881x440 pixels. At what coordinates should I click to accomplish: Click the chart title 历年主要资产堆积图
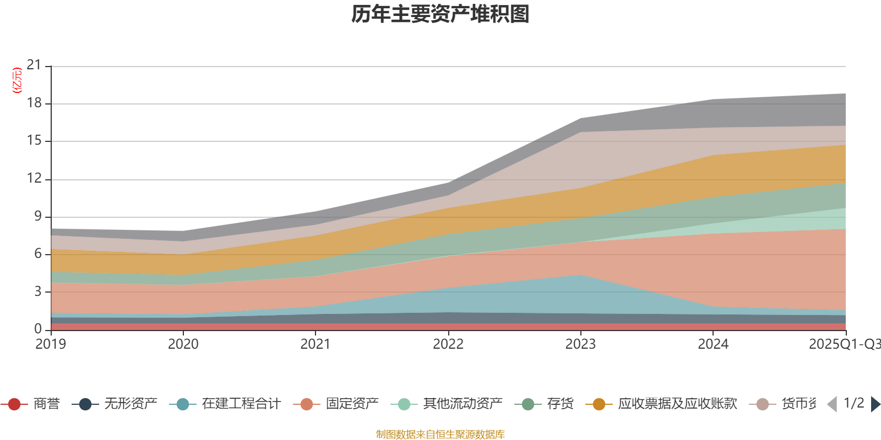point(440,14)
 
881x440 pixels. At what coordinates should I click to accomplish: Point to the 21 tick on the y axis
point(34,65)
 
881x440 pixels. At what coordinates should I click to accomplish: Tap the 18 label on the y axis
point(34,103)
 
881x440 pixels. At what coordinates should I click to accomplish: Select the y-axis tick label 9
point(38,216)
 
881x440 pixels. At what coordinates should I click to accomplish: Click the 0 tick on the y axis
point(38,329)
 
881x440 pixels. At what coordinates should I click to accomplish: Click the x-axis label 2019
point(51,344)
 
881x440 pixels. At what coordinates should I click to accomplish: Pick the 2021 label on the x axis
point(316,344)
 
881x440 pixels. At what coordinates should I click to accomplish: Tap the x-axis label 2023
point(580,344)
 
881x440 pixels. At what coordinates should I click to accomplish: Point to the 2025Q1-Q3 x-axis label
point(844,344)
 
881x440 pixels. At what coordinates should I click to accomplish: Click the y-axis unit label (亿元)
point(17,80)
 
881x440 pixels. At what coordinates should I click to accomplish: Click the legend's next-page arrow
point(875,404)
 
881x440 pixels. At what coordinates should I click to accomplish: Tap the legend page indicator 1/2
point(853,403)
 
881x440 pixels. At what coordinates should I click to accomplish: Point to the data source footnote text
point(440,435)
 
